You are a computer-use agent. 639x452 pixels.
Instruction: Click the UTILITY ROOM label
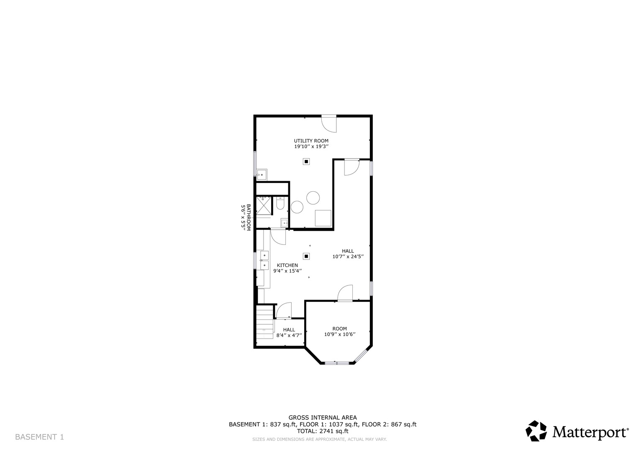pyautogui.click(x=311, y=141)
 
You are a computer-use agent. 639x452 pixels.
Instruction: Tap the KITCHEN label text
pyautogui.click(x=287, y=265)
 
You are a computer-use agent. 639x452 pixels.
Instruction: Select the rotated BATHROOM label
pyautogui.click(x=248, y=217)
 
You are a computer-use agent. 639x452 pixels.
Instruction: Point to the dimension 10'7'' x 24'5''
pyautogui.click(x=348, y=257)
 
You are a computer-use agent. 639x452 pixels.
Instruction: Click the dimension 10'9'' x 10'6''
pyautogui.click(x=339, y=334)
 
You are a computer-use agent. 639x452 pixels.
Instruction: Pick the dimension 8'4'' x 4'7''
pyautogui.click(x=289, y=336)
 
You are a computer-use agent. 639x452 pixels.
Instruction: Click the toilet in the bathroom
pyautogui.click(x=280, y=204)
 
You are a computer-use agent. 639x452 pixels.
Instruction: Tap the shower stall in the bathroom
pyautogui.click(x=264, y=205)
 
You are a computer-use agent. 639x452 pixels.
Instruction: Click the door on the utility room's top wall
pyautogui.click(x=328, y=122)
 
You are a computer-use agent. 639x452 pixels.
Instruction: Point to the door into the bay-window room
pyautogui.click(x=346, y=293)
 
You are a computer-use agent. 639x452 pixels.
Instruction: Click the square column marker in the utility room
pyautogui.click(x=306, y=162)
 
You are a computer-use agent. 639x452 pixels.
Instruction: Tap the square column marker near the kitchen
pyautogui.click(x=306, y=256)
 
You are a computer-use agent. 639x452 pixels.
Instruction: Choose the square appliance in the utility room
pyautogui.click(x=323, y=218)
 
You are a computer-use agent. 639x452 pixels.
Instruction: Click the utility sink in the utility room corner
pyautogui.click(x=262, y=174)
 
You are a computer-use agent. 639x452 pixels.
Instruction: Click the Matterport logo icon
pyautogui.click(x=536, y=431)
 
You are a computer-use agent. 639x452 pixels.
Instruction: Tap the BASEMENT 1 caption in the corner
pyautogui.click(x=39, y=437)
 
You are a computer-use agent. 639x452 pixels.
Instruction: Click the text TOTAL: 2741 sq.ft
pyautogui.click(x=322, y=431)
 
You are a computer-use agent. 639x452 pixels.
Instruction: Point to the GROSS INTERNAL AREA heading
pyautogui.click(x=322, y=417)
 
